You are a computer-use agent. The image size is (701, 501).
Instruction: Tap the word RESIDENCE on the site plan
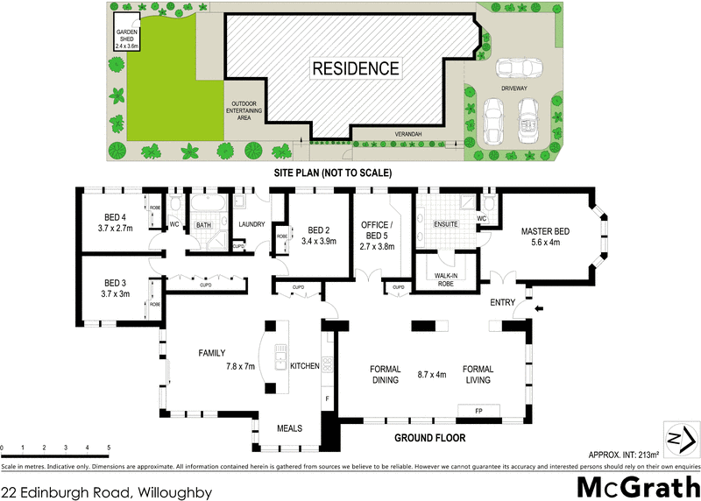[x=356, y=68]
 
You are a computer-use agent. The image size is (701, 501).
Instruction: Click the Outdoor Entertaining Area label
[x=239, y=113]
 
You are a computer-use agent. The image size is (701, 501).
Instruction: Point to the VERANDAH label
[x=407, y=134]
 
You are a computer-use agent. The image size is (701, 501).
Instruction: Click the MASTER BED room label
[x=545, y=231]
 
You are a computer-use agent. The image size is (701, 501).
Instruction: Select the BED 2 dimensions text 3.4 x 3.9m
[x=318, y=241]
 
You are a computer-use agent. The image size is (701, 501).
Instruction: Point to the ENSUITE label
[x=446, y=224]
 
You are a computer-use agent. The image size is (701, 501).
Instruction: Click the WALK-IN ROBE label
[x=447, y=279]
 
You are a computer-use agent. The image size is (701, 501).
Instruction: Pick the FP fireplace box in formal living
[x=478, y=410]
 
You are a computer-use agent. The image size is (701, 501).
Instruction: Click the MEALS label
[x=289, y=428]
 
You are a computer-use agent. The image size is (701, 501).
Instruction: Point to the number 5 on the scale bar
[x=109, y=448]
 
